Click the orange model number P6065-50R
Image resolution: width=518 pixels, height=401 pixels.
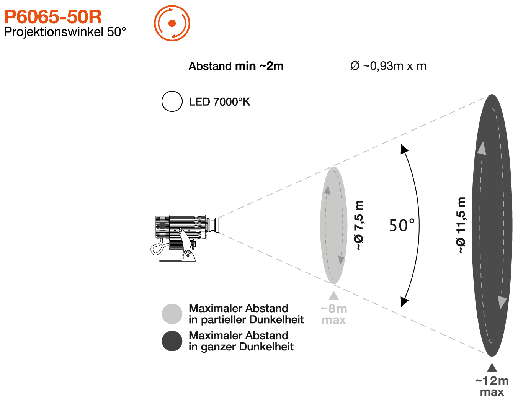click(53, 17)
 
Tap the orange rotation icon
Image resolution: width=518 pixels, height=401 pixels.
click(172, 23)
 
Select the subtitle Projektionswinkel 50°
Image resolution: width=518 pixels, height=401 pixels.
click(65, 32)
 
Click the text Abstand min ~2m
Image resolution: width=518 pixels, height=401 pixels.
click(236, 66)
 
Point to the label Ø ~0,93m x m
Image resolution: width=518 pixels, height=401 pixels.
click(388, 66)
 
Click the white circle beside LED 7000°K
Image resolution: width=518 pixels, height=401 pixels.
click(172, 101)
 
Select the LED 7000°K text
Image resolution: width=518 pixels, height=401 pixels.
click(219, 102)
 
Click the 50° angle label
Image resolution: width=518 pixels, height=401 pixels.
click(402, 225)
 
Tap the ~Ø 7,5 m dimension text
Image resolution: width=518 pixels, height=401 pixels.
click(359, 225)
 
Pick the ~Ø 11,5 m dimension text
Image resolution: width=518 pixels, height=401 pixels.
click(460, 225)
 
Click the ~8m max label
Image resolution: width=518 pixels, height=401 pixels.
click(334, 314)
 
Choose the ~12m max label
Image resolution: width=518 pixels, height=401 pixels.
click(492, 386)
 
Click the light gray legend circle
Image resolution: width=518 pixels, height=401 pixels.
click(172, 314)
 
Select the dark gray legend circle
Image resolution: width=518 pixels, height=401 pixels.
click(172, 341)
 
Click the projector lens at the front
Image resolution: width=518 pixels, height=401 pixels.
click(216, 225)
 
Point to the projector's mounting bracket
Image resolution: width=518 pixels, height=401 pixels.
click(187, 246)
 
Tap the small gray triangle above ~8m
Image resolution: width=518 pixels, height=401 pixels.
click(334, 296)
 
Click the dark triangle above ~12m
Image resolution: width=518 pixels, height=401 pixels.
click(492, 368)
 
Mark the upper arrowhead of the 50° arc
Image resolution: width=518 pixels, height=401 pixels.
click(404, 149)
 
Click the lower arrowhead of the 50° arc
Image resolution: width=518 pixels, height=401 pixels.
click(404, 302)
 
